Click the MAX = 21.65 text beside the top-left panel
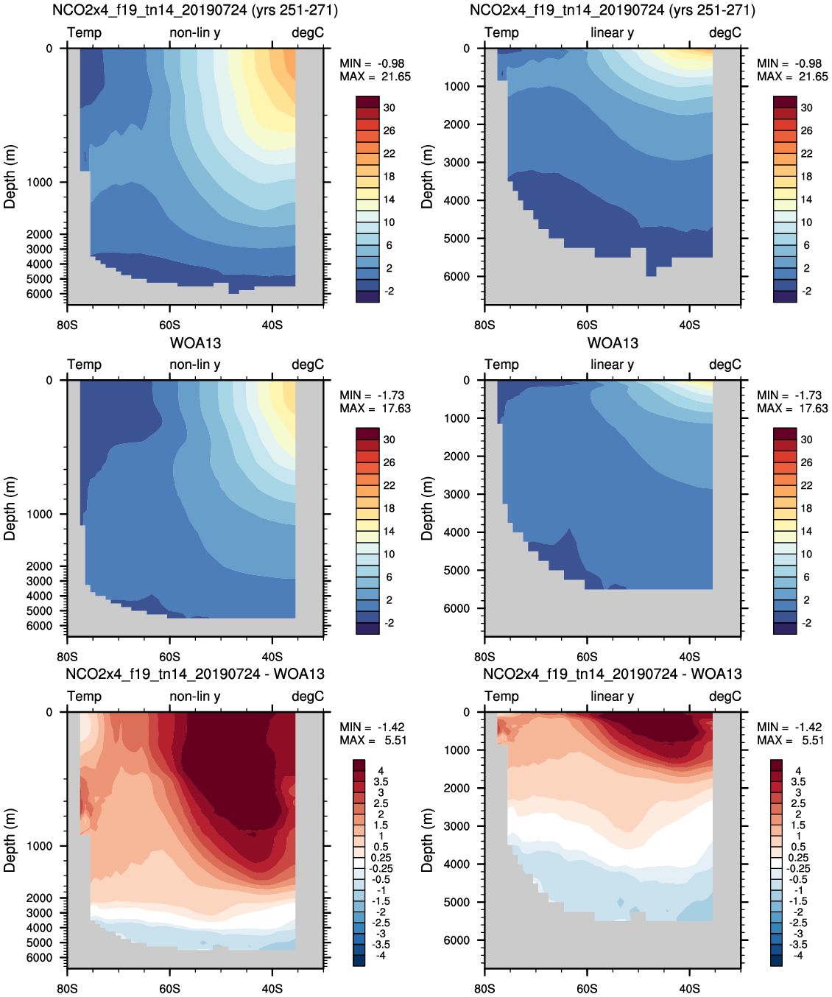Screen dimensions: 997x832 click(375, 77)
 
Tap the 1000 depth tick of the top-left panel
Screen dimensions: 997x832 click(40, 183)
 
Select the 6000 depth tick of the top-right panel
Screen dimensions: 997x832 click(456, 277)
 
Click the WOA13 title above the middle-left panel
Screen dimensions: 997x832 click(195, 343)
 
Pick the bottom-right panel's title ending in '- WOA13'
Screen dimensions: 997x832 click(613, 674)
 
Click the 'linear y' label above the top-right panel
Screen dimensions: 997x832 click(612, 33)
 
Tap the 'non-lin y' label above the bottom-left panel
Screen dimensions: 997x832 click(195, 697)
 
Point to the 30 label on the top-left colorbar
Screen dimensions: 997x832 click(389, 108)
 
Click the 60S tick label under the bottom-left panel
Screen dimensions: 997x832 click(169, 988)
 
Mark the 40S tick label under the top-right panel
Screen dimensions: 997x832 click(689, 325)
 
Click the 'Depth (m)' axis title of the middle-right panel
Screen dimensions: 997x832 click(427, 508)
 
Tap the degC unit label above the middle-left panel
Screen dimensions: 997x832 click(308, 365)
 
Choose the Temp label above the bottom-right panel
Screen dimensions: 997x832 click(501, 697)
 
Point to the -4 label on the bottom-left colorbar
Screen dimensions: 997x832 click(381, 955)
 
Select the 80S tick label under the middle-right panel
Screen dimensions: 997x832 click(484, 657)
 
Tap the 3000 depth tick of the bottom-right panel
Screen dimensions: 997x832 click(456, 826)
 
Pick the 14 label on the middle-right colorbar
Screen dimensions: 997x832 click(806, 532)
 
